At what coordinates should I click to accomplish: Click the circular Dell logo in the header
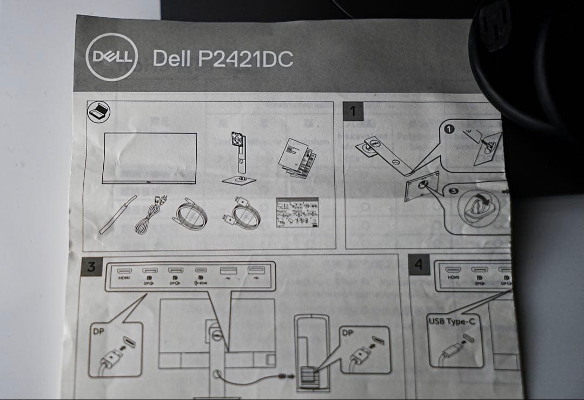(112, 57)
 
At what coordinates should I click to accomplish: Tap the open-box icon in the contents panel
(98, 112)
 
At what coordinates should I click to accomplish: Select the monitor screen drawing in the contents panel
(150, 158)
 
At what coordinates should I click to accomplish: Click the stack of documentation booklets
(296, 157)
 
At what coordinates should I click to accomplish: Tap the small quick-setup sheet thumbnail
(297, 212)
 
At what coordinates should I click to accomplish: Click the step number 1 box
(353, 112)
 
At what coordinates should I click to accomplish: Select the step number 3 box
(91, 266)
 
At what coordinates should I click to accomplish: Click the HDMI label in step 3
(124, 278)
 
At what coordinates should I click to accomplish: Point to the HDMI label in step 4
(454, 277)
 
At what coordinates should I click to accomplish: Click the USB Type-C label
(448, 322)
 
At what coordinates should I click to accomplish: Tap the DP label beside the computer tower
(347, 332)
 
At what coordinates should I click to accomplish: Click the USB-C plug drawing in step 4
(453, 349)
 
